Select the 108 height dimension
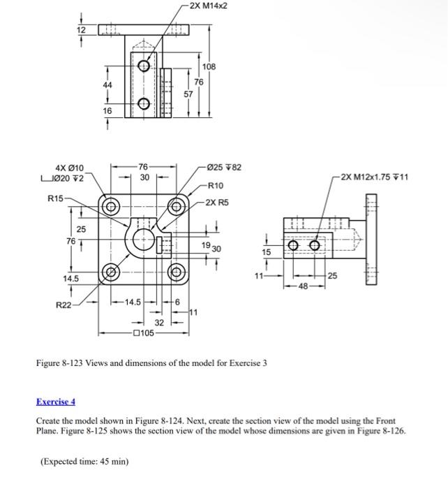coord(209,66)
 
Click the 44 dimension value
coord(107,85)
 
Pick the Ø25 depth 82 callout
coord(224,168)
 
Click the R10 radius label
coord(216,186)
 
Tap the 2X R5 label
coord(217,203)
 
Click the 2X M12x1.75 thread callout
coord(375,177)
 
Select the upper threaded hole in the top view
coord(144,66)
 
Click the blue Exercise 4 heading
coord(55,402)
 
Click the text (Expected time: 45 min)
coord(85,461)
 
